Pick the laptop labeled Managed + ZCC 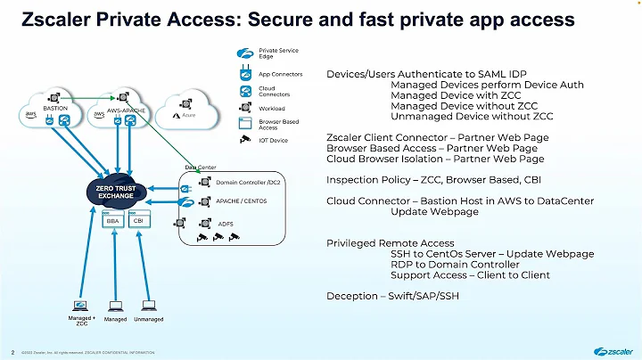(x=81, y=305)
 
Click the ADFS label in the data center (x=226, y=223)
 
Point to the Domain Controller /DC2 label (x=248, y=182)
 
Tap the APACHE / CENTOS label (x=241, y=201)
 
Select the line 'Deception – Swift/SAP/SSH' (x=393, y=296)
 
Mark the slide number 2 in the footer (x=12, y=351)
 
